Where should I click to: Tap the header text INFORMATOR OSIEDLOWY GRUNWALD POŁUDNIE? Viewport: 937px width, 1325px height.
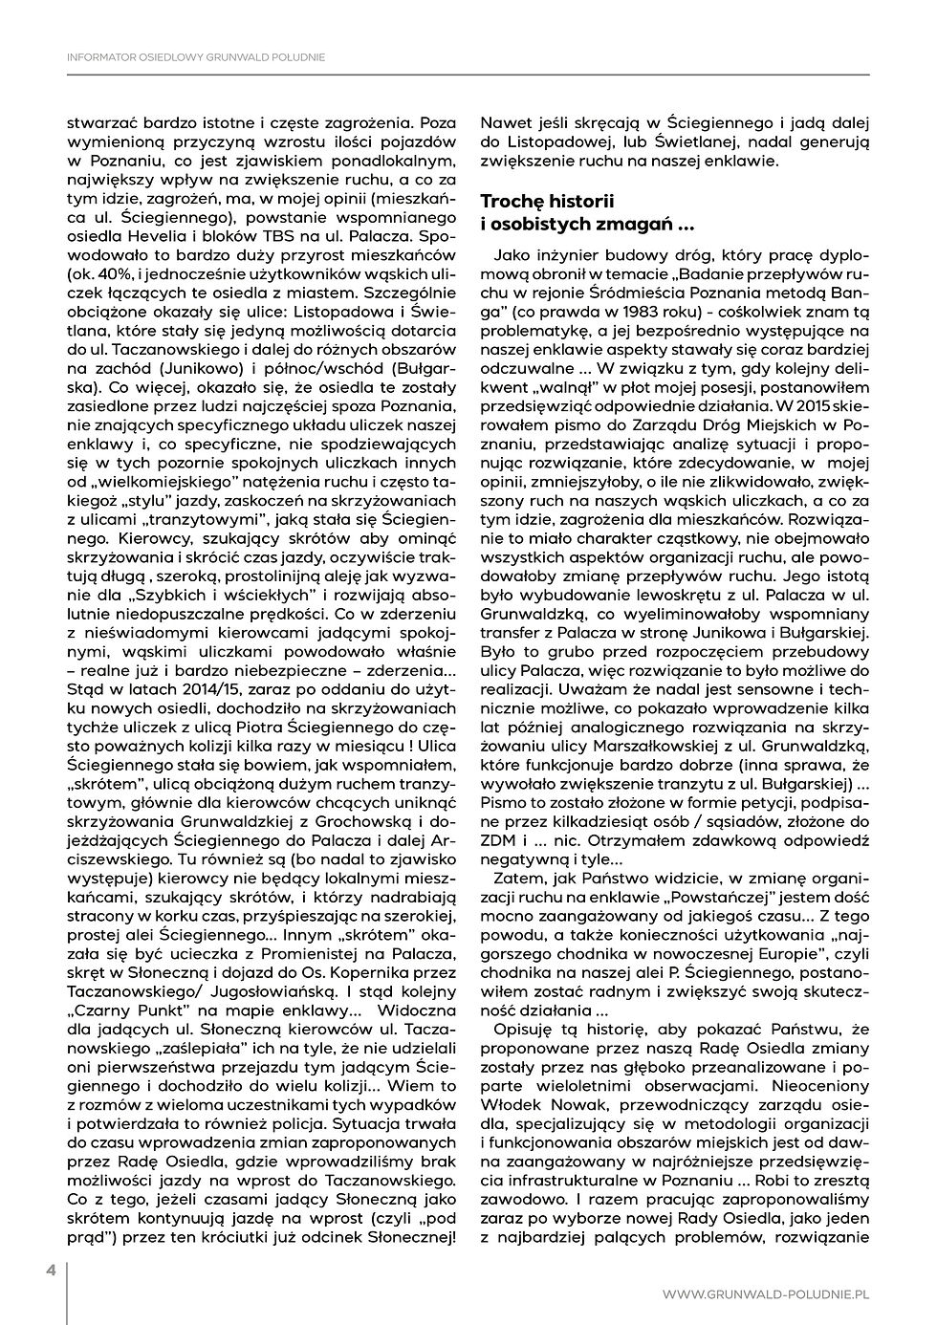click(196, 57)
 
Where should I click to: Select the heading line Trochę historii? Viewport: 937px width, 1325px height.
click(547, 202)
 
